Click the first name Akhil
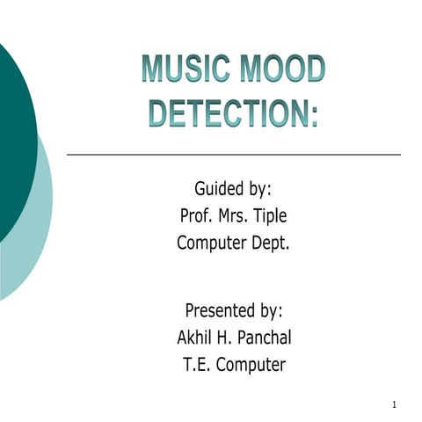click(x=195, y=338)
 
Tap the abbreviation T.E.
click(x=194, y=365)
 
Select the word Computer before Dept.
click(x=212, y=244)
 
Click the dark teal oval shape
click(x=12, y=132)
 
